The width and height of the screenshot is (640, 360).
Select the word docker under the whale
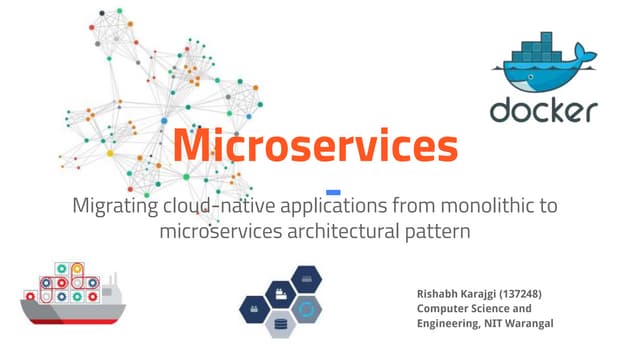click(544, 108)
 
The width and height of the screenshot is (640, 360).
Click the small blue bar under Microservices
click(334, 191)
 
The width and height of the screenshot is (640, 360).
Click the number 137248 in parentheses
click(531, 293)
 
